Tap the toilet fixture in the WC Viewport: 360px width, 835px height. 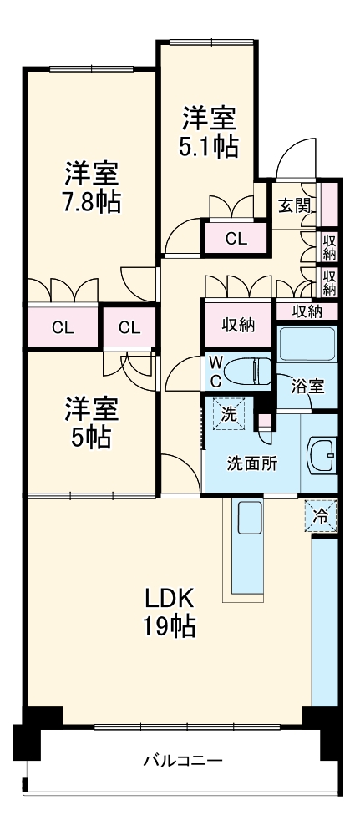(x=248, y=369)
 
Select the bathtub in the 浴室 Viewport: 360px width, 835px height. (x=306, y=344)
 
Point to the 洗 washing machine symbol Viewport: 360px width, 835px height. (x=229, y=412)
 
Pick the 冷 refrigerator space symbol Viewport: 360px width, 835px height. (x=321, y=516)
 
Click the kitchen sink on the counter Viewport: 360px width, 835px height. (x=250, y=520)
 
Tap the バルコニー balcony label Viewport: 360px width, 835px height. (x=181, y=761)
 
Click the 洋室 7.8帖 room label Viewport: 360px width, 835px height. (x=92, y=187)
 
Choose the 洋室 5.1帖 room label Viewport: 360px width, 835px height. (x=208, y=131)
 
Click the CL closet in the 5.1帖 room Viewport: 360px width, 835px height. (x=236, y=239)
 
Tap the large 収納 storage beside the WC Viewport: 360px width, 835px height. (x=238, y=325)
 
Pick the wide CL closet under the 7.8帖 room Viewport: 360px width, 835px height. (x=63, y=327)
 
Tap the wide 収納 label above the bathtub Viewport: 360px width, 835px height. (x=307, y=311)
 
